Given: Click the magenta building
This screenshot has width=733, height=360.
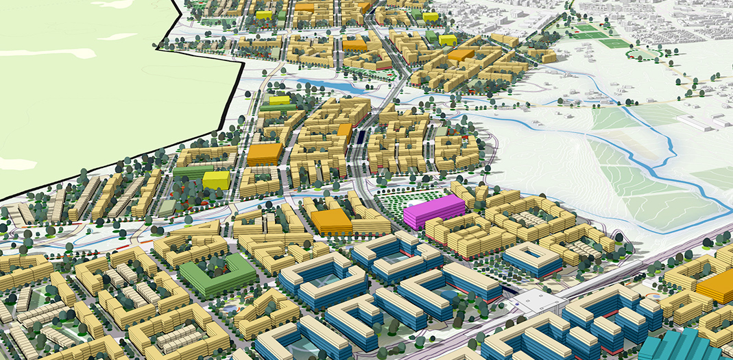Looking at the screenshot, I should pyautogui.click(x=433, y=211).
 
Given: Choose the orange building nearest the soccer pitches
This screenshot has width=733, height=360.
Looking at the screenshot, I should pyautogui.click(x=461, y=55).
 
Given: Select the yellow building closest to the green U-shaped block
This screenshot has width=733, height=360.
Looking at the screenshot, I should pyautogui.click(x=216, y=180).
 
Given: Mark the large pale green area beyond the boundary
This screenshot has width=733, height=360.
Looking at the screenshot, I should pyautogui.click(x=82, y=82).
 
